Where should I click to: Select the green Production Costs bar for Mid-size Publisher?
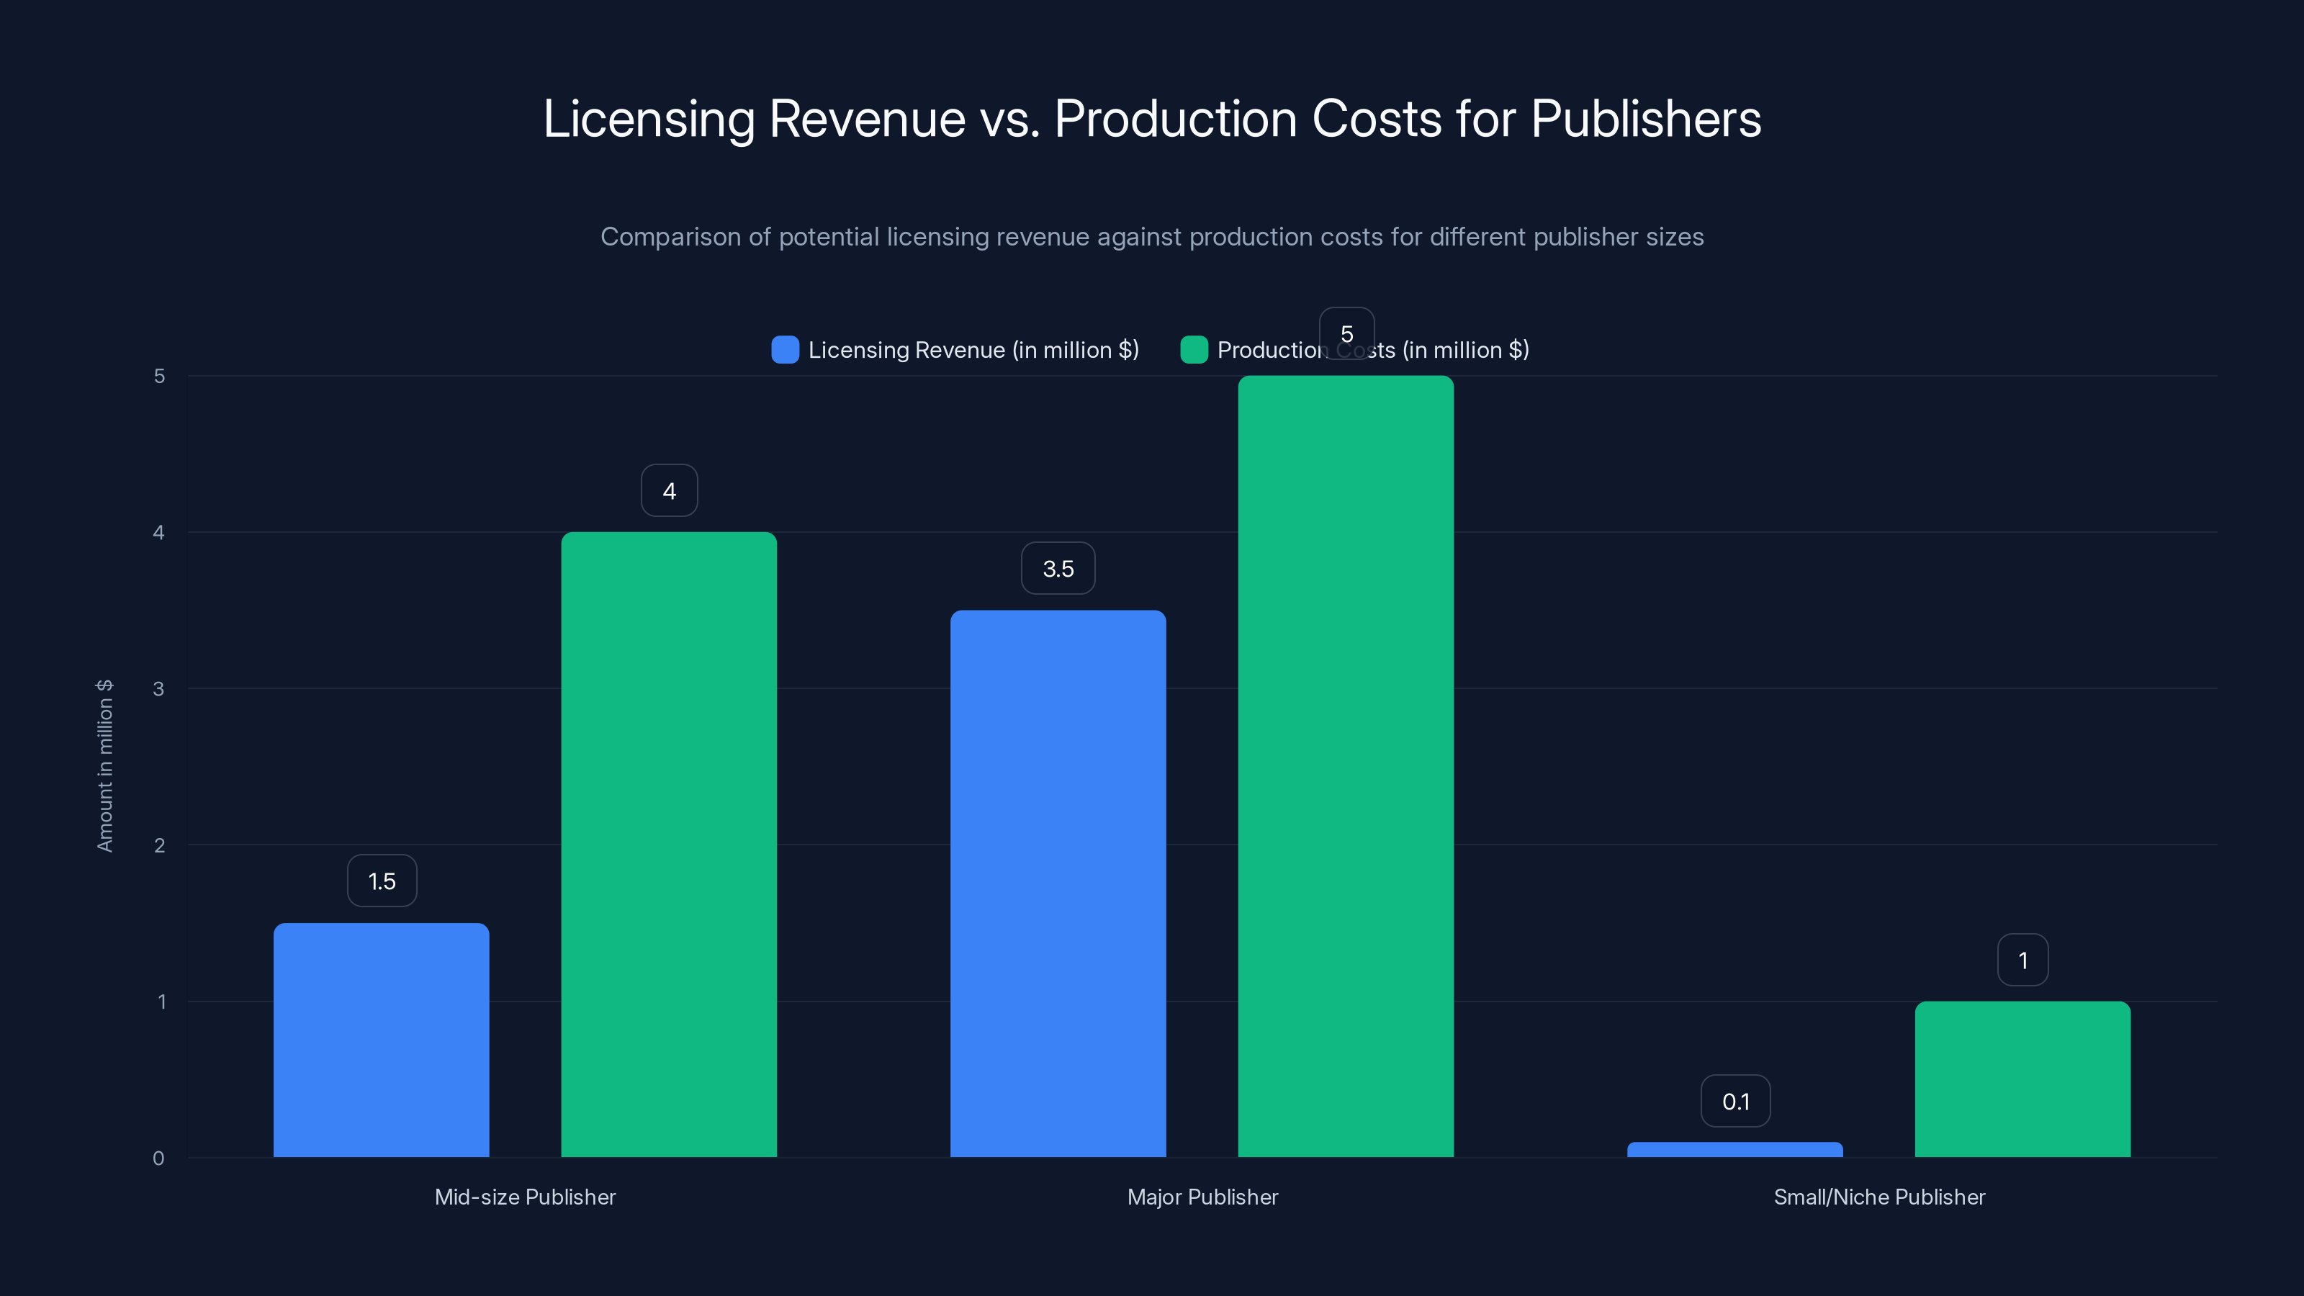tap(669, 845)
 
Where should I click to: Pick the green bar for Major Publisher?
tap(1345, 767)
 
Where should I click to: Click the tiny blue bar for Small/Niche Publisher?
tap(1734, 1149)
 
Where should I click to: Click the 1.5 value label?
tap(382, 881)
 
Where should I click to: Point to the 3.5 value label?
tap(1058, 569)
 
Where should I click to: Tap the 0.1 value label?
tap(1735, 1102)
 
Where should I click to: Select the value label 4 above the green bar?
tap(669, 491)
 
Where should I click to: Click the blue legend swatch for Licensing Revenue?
tap(784, 350)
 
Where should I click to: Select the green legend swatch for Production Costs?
tap(1194, 350)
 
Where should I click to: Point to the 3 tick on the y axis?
tap(158, 689)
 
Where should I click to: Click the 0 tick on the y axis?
tap(158, 1158)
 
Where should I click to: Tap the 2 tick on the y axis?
tap(158, 845)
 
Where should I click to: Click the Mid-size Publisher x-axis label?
tap(525, 1197)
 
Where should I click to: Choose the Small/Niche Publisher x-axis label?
tap(1879, 1197)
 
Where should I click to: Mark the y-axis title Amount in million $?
tap(104, 765)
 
